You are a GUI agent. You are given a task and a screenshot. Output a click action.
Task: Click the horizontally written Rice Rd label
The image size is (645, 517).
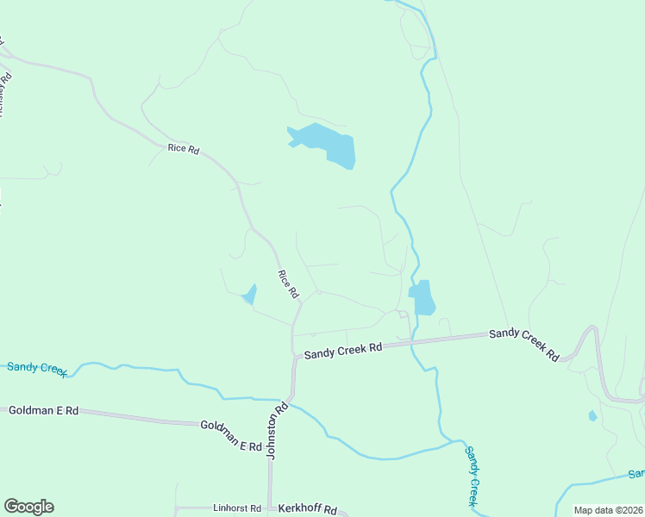point(184,149)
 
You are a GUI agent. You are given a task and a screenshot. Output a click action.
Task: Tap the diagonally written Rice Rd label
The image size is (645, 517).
point(287,284)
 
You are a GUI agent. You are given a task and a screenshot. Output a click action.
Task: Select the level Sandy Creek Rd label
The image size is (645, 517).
point(342,350)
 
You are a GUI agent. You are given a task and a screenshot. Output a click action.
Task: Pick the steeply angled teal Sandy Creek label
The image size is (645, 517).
point(472,476)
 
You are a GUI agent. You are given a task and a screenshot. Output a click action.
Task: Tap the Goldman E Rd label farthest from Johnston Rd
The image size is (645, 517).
point(43,411)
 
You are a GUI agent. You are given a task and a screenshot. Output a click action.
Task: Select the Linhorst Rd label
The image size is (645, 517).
point(236,509)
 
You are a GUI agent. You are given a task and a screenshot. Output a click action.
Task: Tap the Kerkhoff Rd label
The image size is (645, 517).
point(307,509)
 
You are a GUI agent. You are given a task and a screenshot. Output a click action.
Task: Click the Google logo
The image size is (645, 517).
point(28,507)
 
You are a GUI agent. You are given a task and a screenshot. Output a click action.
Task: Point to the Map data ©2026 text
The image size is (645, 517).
point(607,510)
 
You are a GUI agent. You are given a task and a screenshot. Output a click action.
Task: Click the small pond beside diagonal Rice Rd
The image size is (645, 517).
point(250,295)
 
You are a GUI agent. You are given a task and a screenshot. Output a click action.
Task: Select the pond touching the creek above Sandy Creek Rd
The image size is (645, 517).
point(423,297)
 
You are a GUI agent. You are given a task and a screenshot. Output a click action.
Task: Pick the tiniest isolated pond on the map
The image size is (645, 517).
point(592,416)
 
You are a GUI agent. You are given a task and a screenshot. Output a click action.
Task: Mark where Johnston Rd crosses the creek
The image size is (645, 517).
point(290,401)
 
